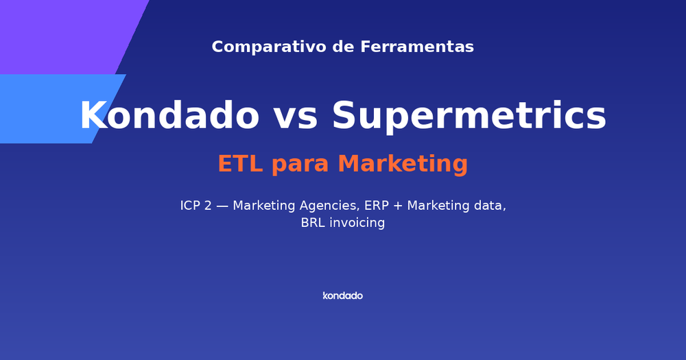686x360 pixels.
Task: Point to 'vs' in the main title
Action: [296, 116]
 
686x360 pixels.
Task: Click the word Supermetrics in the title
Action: [469, 116]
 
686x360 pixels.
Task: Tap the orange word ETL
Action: [240, 165]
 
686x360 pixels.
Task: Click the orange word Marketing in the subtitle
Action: [403, 165]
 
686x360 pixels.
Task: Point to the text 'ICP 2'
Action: [196, 206]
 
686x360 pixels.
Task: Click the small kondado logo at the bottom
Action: [342, 296]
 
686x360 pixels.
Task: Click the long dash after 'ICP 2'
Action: [222, 206]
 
